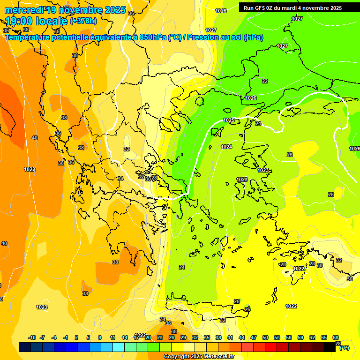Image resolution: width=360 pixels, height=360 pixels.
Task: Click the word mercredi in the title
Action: [23, 10]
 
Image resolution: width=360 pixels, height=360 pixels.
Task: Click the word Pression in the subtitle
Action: [203, 37]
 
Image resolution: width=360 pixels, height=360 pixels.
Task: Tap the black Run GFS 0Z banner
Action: [292, 8]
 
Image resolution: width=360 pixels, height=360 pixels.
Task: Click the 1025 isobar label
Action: [229, 120]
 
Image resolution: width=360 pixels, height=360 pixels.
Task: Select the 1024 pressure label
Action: [226, 147]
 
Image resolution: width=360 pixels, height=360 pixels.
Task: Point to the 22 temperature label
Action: [265, 81]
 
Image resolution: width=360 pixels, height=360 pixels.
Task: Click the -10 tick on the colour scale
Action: [32, 337]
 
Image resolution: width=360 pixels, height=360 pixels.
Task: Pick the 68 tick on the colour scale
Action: [336, 337]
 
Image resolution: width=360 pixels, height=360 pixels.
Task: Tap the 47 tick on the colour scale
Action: [254, 337]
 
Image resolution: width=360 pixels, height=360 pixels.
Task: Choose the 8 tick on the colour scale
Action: [100, 337]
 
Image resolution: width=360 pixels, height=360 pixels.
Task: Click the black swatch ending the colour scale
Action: [330, 347]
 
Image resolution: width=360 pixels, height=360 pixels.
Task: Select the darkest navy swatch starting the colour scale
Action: [25, 347]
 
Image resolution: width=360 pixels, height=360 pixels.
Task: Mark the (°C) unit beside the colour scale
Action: [344, 348]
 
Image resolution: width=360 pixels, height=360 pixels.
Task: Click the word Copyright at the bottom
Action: [177, 357]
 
